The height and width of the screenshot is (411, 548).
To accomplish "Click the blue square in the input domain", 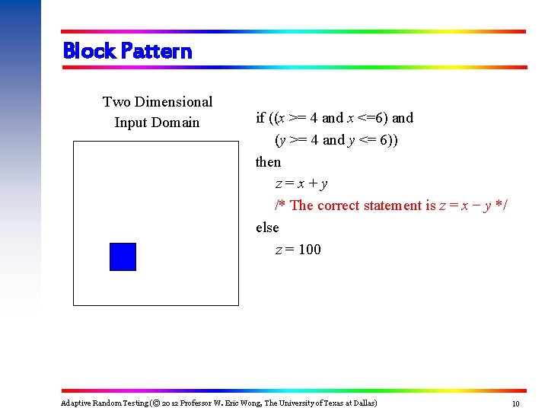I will pyautogui.click(x=123, y=256).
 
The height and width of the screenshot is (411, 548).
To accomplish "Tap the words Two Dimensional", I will pyautogui.click(x=158, y=101).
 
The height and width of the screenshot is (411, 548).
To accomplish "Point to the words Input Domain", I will pyautogui.click(x=157, y=123).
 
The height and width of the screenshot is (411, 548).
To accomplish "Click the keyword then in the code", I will pyautogui.click(x=268, y=162).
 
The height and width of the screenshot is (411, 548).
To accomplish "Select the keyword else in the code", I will pyautogui.click(x=267, y=228).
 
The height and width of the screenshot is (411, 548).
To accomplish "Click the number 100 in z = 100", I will pyautogui.click(x=310, y=250).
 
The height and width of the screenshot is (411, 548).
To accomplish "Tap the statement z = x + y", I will pyautogui.click(x=301, y=184).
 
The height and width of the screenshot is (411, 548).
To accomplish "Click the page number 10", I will pyautogui.click(x=515, y=403).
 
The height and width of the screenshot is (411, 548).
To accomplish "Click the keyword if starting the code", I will pyautogui.click(x=260, y=118).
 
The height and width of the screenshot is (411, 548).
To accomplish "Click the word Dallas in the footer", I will pyautogui.click(x=362, y=403).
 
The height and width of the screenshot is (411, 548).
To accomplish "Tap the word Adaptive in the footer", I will pyautogui.click(x=76, y=403).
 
